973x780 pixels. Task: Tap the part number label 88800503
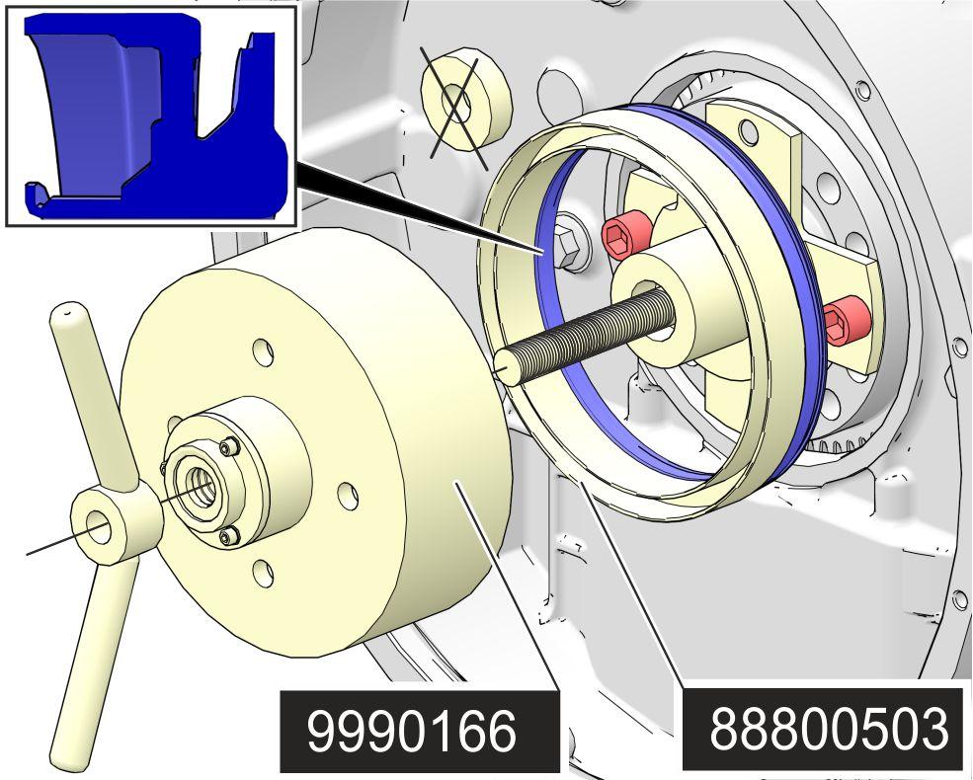829,730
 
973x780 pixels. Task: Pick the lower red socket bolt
846,320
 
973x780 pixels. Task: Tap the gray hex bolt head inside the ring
569,241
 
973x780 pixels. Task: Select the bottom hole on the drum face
263,571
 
